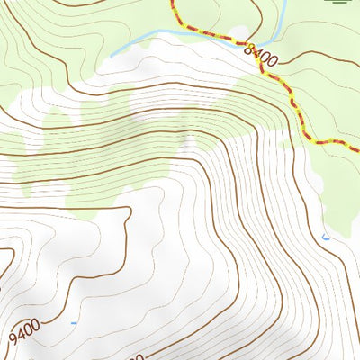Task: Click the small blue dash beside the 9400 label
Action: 74,322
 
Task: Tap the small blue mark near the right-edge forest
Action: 326,238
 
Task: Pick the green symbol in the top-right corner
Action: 341,3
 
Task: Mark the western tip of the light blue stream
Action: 112,55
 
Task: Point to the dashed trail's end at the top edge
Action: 172,2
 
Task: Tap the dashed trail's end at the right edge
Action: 357,148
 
